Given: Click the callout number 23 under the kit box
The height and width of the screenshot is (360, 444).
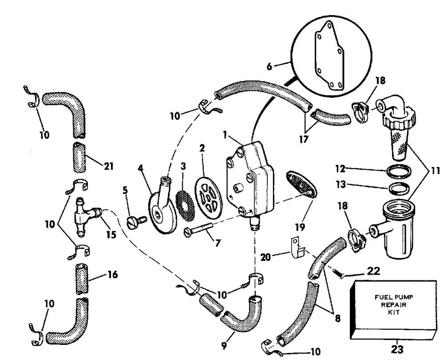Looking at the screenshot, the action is coord(396,349).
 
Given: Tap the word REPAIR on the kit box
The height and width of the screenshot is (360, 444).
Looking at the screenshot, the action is coord(393,305).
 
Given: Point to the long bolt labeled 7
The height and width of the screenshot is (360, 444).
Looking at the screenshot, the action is coord(199,228).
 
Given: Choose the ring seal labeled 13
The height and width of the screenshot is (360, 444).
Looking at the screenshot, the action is coord(399,188).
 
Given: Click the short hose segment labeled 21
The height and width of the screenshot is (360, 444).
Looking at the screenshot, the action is coord(80,157).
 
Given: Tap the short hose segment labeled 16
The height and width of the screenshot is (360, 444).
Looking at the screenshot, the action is coord(82,280).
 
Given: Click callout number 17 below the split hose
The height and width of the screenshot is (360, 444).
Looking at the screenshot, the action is coord(303,140).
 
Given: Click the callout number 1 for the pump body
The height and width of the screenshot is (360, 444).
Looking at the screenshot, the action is coord(226,136).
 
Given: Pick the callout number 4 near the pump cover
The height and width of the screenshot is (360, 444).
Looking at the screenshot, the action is coord(141,168).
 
